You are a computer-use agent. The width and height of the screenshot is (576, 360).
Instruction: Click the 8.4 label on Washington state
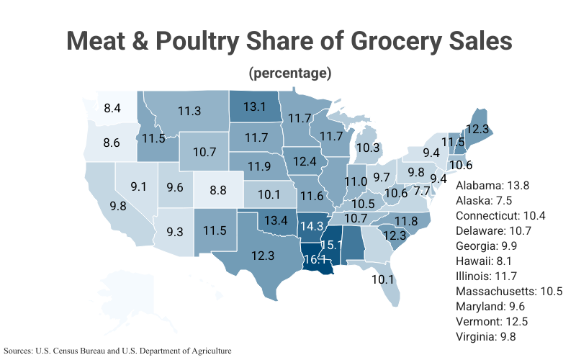(112, 109)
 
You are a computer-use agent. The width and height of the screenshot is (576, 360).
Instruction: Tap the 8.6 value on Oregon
(111, 143)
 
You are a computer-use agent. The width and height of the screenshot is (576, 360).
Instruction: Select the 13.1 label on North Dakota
(254, 107)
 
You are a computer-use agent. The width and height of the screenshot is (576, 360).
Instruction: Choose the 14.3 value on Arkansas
(312, 225)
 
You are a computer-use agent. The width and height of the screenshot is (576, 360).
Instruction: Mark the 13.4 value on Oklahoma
(275, 220)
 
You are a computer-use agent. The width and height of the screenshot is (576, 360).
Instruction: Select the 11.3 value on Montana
(189, 111)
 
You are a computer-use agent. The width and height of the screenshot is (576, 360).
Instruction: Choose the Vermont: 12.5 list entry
(493, 321)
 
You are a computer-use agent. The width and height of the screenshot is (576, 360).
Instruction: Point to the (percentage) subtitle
(289, 73)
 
